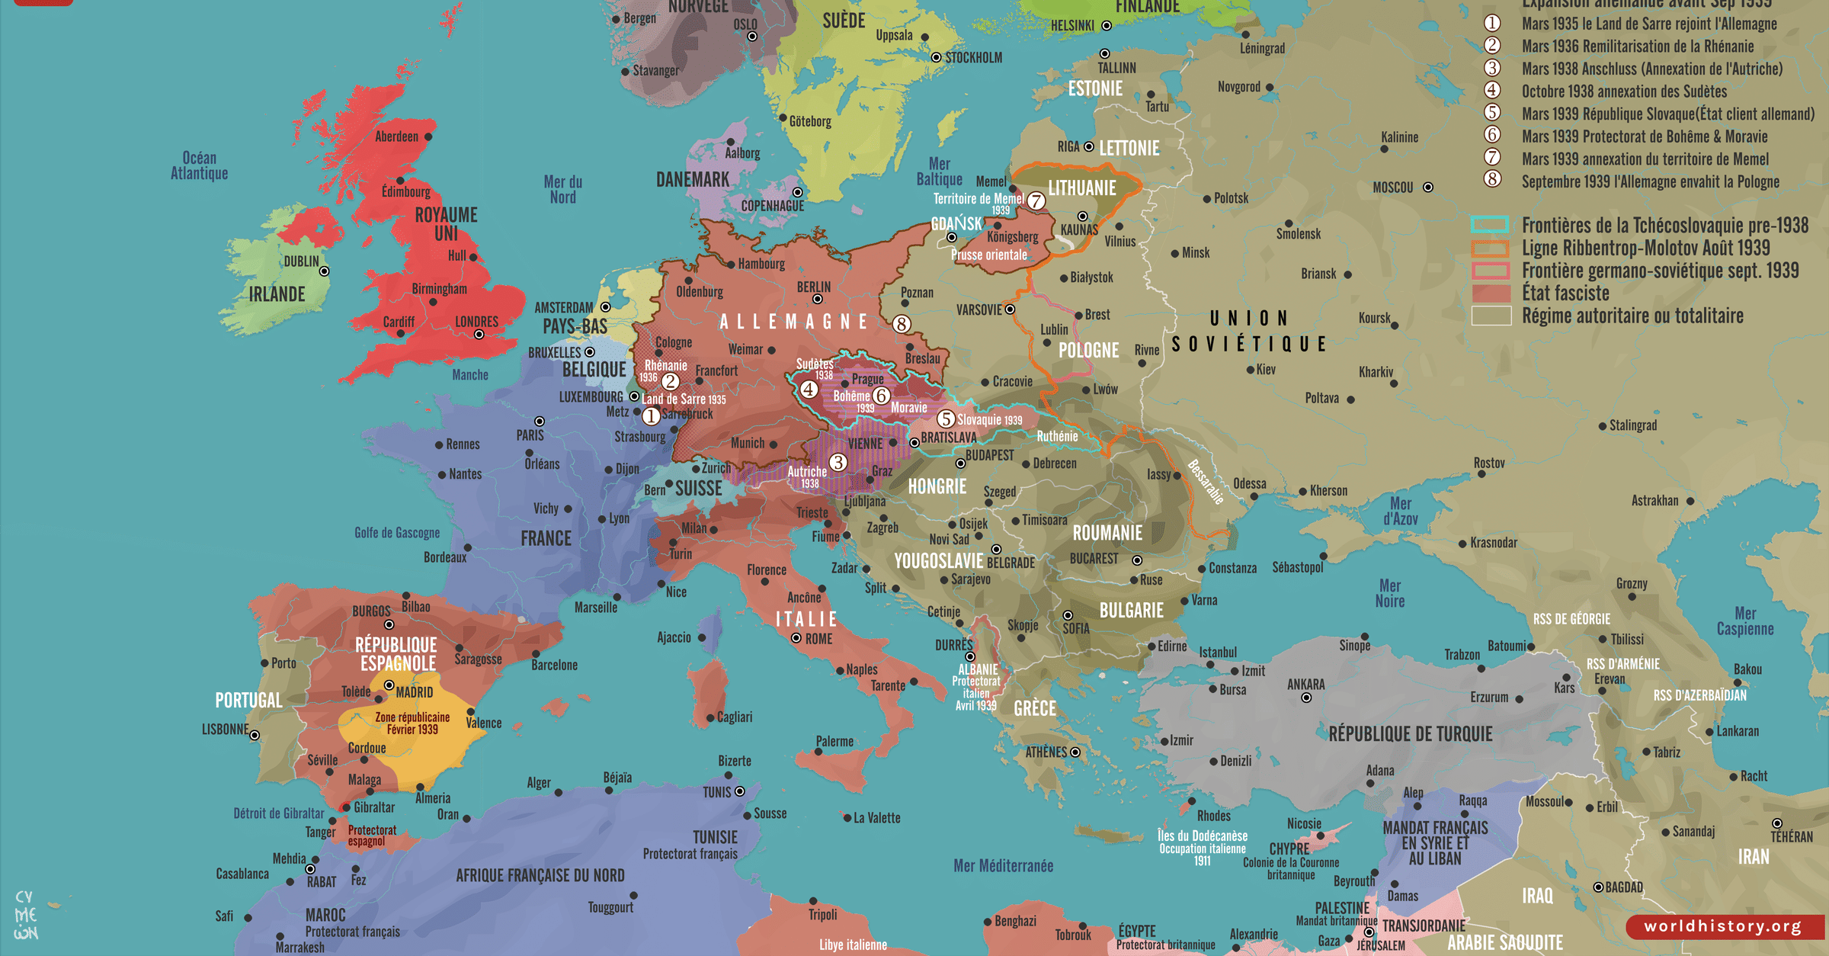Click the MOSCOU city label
pos(1392,188)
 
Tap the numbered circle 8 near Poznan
pos(902,324)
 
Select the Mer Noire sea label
pos(1389,593)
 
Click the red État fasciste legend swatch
pos(1491,293)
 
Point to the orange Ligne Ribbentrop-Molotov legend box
pos(1490,248)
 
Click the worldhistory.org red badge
pos(1723,926)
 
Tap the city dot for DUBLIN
pos(325,271)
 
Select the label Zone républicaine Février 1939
pos(412,723)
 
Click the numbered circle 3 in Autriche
pos(838,462)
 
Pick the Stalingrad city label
pos(1632,425)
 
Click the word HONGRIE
pos(937,486)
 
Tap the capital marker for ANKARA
pos(1306,698)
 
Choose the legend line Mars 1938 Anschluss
pos(1651,69)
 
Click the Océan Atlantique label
pos(199,165)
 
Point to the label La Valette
pos(876,818)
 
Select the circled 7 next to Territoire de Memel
pos(1036,201)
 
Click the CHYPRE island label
pos(1289,849)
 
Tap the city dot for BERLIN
pos(818,300)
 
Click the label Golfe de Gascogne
pos(397,533)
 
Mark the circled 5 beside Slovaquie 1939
pos(946,419)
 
